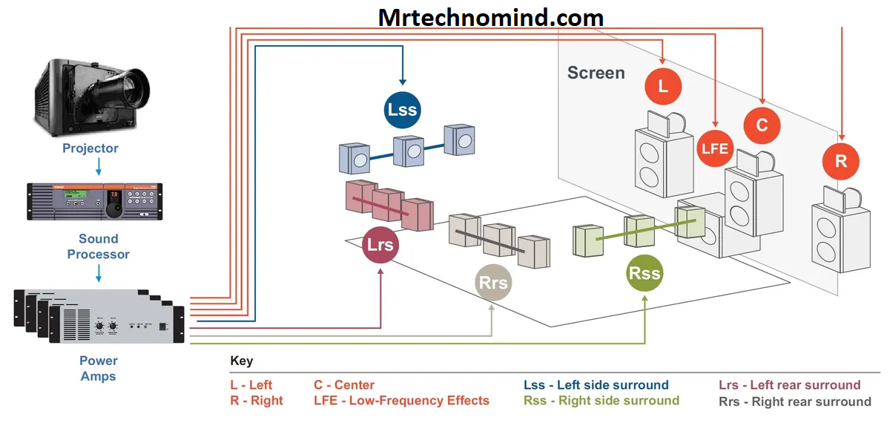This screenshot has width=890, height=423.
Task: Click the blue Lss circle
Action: (x=403, y=110)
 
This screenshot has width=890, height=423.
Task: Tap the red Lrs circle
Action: (x=380, y=246)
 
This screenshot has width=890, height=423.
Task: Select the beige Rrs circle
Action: (x=493, y=282)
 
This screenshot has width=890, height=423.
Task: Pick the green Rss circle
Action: (x=644, y=273)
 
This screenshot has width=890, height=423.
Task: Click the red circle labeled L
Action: (x=663, y=86)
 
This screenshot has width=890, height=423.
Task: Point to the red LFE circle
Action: (x=716, y=148)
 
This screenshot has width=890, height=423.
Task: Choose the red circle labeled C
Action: (x=762, y=125)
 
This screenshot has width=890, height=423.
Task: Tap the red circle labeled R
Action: (x=841, y=161)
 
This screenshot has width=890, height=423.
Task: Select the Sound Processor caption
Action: (x=99, y=246)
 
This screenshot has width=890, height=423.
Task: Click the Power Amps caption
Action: (x=99, y=368)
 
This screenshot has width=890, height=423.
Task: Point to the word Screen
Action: (x=596, y=73)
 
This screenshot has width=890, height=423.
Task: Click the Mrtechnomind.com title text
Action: (x=491, y=17)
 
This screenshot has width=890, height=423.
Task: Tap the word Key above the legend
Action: (x=242, y=361)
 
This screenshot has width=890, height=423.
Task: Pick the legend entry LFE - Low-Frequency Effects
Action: (x=401, y=401)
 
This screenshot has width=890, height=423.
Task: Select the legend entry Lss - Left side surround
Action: (x=596, y=385)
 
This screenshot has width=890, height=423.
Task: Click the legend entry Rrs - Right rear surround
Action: (x=795, y=401)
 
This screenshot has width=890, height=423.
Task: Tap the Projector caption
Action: (x=90, y=148)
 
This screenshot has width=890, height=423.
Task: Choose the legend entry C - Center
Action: (x=344, y=385)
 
